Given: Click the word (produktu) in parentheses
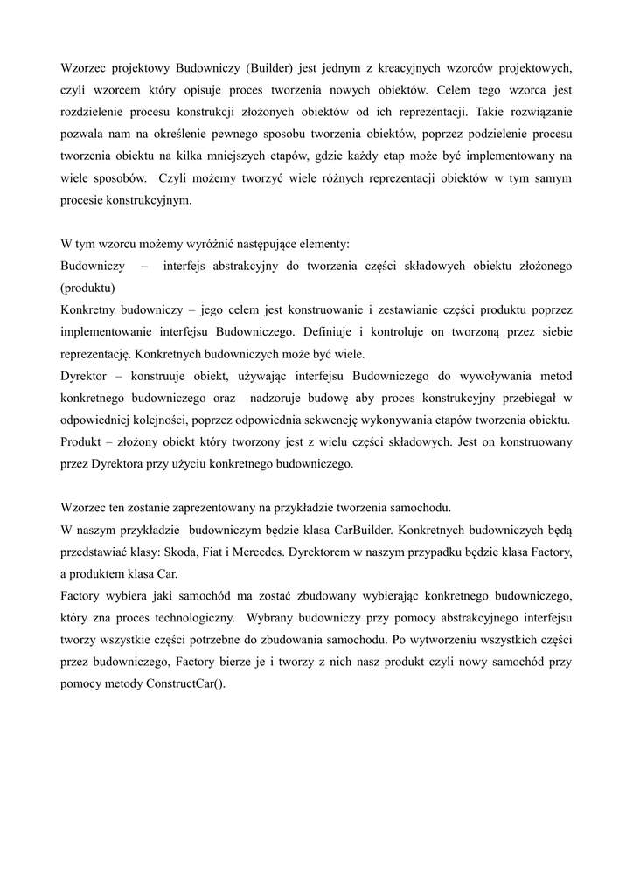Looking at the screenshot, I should [87, 288].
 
